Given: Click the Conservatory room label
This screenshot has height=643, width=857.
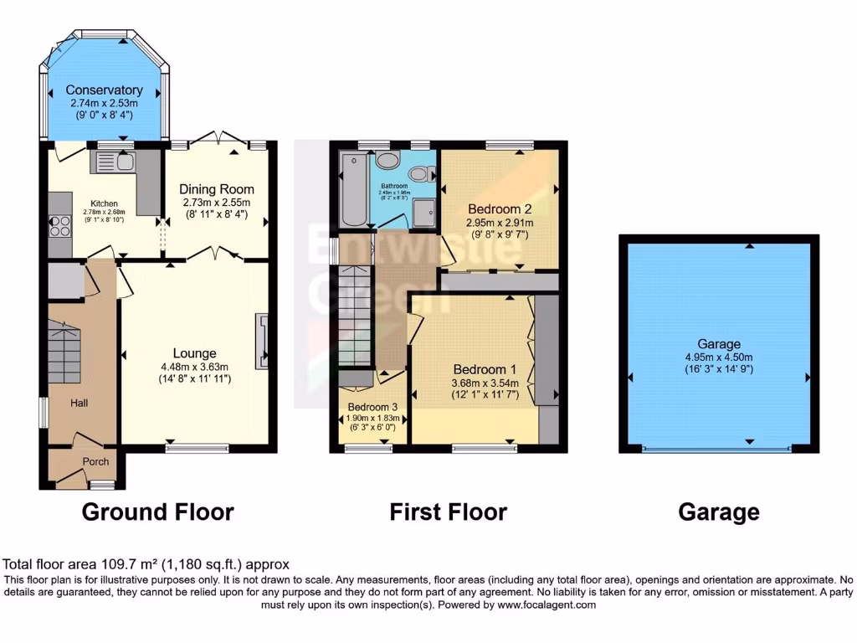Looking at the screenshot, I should point(104,90).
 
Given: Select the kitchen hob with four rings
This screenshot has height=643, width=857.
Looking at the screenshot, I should point(61,226).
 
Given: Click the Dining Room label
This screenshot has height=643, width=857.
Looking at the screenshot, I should point(218,189).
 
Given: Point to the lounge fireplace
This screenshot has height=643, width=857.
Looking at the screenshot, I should point(263,341).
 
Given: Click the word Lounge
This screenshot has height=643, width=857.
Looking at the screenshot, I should point(194,353).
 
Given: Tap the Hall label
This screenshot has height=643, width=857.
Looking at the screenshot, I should point(80,403).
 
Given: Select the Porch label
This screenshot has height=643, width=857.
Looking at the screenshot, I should point(95,461).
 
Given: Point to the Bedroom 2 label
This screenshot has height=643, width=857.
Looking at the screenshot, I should point(500,209).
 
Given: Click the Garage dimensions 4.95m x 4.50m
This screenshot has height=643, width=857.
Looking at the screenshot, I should point(719,358).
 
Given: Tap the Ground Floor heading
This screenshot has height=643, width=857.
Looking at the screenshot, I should point(157,512).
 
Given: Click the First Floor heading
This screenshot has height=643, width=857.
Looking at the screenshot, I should point(448,512).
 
